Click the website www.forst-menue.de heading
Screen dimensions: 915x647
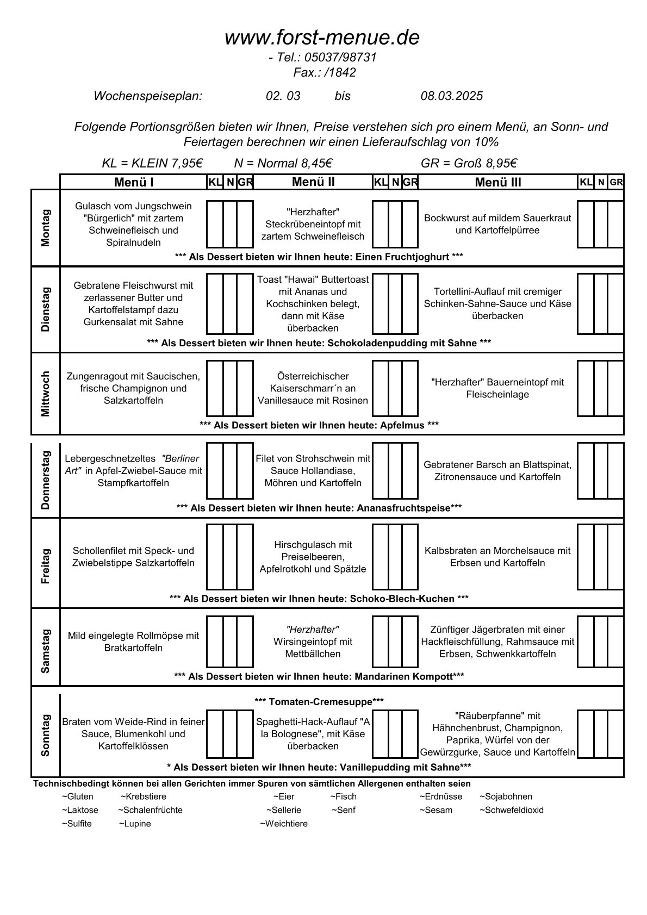(322, 38)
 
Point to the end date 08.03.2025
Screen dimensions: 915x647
(451, 96)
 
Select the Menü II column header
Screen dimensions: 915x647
(313, 182)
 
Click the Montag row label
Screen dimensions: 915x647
(46, 228)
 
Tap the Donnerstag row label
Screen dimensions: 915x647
(46, 480)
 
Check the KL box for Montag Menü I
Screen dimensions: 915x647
(215, 224)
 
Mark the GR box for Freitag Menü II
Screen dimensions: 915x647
(410, 557)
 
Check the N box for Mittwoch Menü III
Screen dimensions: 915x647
(600, 388)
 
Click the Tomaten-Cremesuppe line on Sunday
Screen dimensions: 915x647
(319, 702)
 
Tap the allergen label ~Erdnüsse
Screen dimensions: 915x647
(440, 796)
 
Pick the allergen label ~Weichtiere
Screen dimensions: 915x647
(283, 824)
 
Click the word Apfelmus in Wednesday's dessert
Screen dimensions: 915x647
(403, 425)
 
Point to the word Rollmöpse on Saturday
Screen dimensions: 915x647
(159, 636)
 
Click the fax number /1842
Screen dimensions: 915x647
(340, 73)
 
